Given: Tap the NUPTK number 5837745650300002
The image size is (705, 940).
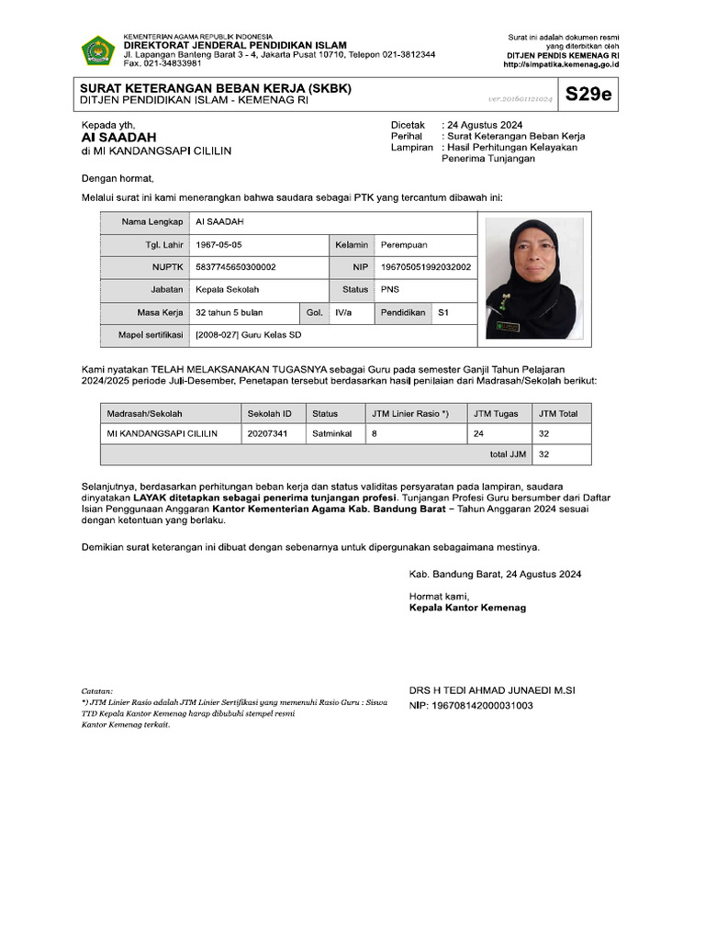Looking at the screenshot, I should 236,267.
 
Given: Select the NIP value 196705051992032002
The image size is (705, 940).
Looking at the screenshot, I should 425,267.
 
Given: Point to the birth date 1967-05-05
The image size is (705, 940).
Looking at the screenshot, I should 218,245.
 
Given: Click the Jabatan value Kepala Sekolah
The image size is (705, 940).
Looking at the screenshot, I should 228,289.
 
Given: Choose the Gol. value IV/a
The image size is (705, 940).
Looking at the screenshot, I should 344,313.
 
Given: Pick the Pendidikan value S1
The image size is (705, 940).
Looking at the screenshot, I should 443,313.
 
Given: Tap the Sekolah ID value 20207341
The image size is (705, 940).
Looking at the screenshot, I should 267,433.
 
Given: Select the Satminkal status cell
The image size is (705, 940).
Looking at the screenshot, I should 331,433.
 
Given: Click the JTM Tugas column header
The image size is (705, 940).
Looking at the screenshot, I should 496,413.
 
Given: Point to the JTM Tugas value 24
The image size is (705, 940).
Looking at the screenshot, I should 478,433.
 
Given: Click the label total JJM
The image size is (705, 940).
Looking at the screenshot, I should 508,454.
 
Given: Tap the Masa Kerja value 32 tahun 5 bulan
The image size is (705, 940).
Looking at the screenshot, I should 229,313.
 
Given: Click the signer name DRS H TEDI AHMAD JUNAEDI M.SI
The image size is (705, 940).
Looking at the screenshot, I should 492,690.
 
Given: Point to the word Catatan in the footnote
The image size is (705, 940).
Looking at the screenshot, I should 97,690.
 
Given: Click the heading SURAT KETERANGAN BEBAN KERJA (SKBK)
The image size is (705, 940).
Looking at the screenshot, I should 216,88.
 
